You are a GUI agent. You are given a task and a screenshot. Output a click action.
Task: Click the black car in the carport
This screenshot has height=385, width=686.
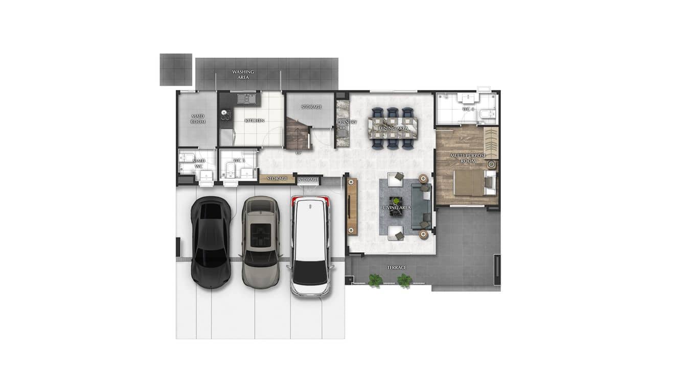tap(210, 242)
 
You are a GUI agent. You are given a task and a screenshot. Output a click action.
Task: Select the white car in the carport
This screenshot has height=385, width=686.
tap(310, 246)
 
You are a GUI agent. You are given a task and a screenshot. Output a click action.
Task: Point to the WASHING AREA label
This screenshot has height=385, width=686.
tap(243, 75)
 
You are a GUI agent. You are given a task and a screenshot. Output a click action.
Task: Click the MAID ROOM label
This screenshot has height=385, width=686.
tap(198, 119)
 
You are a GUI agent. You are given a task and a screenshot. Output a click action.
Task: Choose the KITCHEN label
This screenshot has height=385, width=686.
tap(255, 121)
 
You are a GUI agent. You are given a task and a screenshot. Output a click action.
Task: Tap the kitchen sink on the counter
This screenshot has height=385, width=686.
tap(246, 98)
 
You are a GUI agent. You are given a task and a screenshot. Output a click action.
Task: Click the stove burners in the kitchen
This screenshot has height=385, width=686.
tap(225, 115)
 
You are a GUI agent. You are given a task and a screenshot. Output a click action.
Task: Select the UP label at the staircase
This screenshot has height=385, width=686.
tap(299, 153)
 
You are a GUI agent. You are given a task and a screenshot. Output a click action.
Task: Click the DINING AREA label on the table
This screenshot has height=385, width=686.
tap(393, 128)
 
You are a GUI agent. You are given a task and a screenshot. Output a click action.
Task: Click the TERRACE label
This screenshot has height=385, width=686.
tap(397, 268)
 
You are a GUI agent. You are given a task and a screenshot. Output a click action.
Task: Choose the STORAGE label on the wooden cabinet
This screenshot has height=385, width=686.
tap(277, 179)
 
